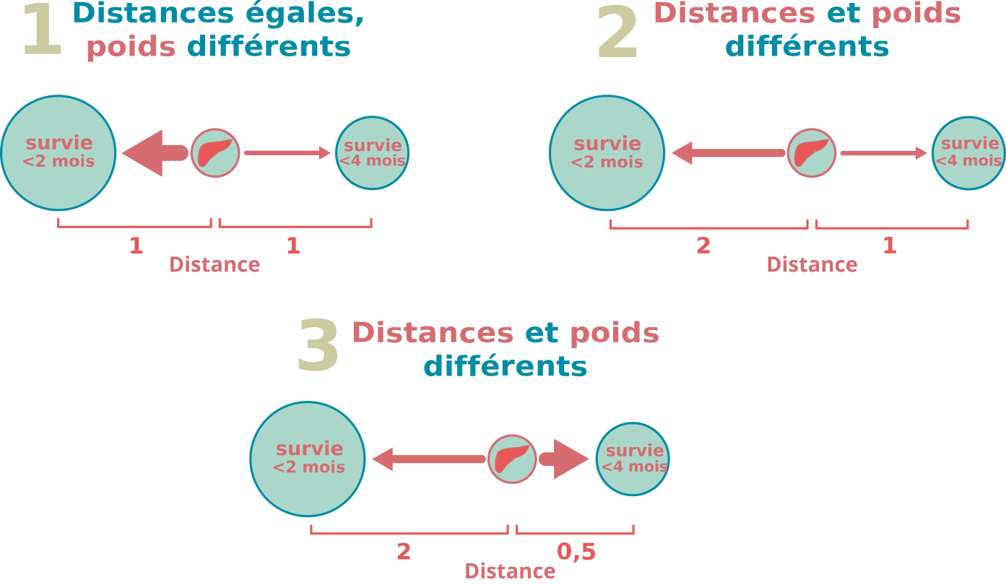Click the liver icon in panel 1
click(x=215, y=153)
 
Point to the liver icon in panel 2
click(x=811, y=153)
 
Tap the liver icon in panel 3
click(x=512, y=459)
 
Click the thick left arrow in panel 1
click(x=155, y=153)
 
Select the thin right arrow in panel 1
click(x=287, y=153)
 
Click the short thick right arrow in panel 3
click(x=564, y=459)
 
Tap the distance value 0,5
click(x=576, y=552)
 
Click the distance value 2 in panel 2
click(x=703, y=246)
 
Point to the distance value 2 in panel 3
click(x=404, y=552)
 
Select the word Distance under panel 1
click(x=214, y=265)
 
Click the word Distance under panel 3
click(x=510, y=571)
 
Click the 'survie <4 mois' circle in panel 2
click(x=968, y=153)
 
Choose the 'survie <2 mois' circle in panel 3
click(x=308, y=459)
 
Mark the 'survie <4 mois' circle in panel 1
click(x=373, y=153)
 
